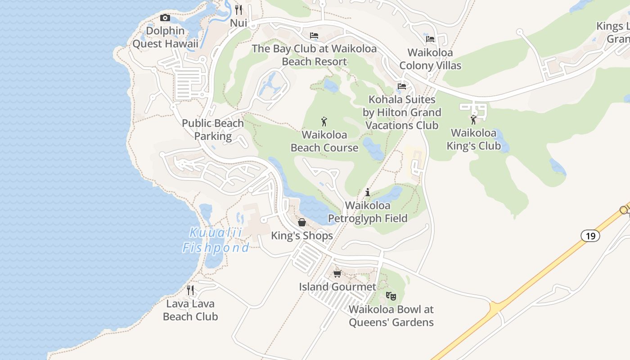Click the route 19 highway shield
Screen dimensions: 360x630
[590, 235]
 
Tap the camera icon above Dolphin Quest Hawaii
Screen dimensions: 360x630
[165, 18]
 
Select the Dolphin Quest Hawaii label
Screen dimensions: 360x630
[165, 37]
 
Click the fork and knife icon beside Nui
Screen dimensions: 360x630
[238, 9]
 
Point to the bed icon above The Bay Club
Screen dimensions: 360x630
[314, 36]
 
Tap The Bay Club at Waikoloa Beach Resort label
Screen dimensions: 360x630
[314, 55]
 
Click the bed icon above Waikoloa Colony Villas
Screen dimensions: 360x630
[430, 39]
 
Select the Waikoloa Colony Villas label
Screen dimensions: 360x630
[430, 59]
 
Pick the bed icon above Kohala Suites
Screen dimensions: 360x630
[402, 86]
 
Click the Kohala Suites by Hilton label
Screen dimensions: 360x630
[402, 112]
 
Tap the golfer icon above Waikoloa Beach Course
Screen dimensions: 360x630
[324, 121]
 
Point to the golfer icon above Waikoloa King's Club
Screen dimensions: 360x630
[473, 120]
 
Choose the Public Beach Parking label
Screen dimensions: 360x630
[213, 130]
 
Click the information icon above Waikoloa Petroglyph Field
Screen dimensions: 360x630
[368, 192]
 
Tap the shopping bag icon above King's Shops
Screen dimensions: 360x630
[302, 222]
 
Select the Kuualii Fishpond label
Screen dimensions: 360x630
[216, 240]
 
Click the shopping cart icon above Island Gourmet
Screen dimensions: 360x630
[337, 274]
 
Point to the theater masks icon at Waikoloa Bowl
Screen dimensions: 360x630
[391, 296]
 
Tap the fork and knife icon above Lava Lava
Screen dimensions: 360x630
[190, 290]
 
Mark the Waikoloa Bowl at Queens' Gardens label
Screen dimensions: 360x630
[391, 316]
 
